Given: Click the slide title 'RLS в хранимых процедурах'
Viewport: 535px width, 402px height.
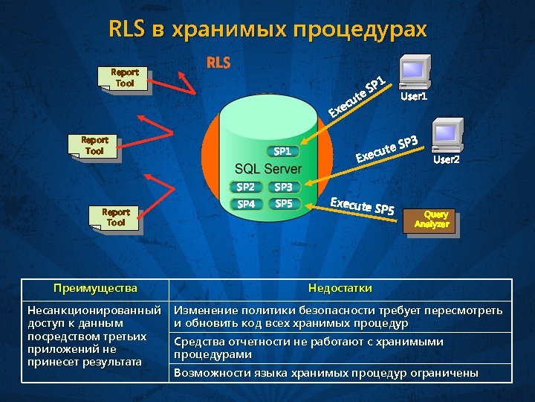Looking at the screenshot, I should point(267,29).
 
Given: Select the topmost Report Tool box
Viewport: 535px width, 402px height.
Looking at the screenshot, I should point(125,78).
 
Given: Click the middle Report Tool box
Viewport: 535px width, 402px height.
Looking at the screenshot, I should point(94,146).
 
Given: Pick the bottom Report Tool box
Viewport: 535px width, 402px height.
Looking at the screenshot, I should point(115,217).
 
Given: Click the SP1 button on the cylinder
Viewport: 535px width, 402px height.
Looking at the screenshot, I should point(282,151).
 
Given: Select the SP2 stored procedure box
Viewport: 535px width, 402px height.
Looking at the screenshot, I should point(245,188).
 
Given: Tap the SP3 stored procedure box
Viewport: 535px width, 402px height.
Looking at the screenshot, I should point(283,188).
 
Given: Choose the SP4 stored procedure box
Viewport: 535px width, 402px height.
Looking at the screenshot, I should point(245,203).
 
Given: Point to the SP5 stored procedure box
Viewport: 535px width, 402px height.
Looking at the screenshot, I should point(283,203).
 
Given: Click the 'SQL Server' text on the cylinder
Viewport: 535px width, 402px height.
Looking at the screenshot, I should point(268,169).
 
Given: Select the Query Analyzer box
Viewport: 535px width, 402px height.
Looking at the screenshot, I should point(431,220).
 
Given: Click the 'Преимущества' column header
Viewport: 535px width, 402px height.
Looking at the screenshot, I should point(95,288).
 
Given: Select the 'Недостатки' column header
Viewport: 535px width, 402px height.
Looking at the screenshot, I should point(340,288).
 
